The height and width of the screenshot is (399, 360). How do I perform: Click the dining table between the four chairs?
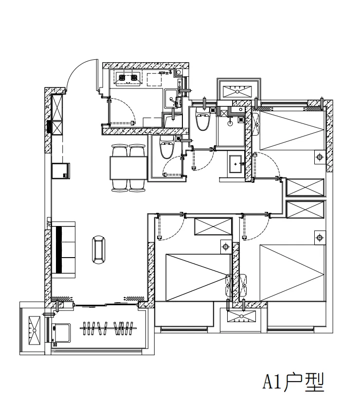click(129, 168)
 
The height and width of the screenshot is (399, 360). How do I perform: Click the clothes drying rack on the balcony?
click(107, 329)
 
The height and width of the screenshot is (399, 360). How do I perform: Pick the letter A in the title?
click(268, 382)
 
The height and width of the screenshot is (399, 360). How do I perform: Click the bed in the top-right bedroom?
click(292, 129)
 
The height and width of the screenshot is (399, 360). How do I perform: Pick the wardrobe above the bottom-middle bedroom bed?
click(213, 226)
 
